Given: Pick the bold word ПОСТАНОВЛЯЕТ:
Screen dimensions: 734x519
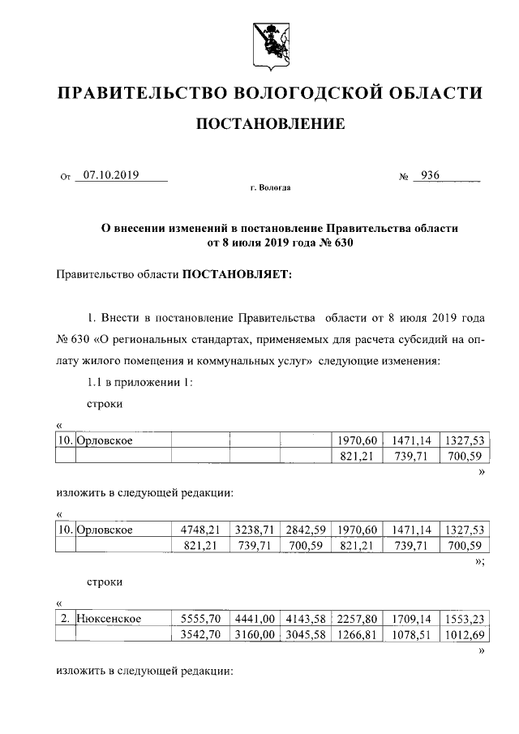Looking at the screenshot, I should point(236,274).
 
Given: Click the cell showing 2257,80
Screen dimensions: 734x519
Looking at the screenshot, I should point(358,618).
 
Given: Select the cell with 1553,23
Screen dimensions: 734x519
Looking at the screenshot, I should point(465,618).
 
